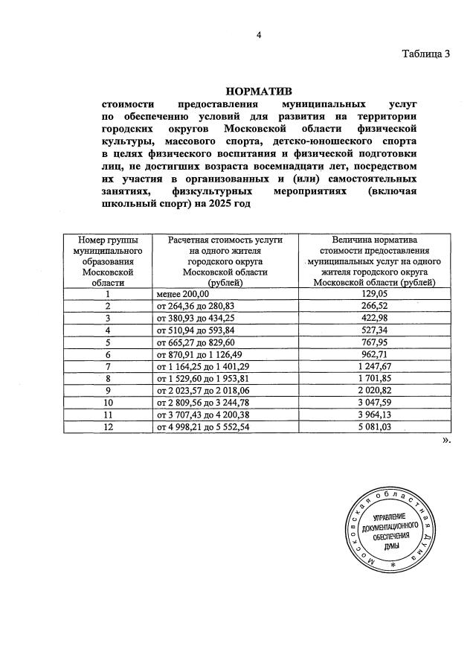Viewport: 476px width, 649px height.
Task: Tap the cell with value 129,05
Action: (376, 295)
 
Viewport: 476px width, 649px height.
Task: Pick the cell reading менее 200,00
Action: (183, 295)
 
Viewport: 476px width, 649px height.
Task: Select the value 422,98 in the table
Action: (376, 319)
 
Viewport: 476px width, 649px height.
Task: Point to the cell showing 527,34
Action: (376, 330)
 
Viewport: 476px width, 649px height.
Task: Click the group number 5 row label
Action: (107, 342)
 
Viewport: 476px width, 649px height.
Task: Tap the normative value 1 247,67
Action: (376, 366)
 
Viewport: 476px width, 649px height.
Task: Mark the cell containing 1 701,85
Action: (376, 378)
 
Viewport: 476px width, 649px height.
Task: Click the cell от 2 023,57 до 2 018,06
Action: (202, 390)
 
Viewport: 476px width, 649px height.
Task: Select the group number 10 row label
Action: (107, 402)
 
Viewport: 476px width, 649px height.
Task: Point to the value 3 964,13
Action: (376, 414)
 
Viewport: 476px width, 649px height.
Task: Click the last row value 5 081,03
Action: (376, 426)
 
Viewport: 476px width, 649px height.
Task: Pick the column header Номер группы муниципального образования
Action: (107, 261)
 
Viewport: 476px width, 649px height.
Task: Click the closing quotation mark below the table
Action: (446, 441)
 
